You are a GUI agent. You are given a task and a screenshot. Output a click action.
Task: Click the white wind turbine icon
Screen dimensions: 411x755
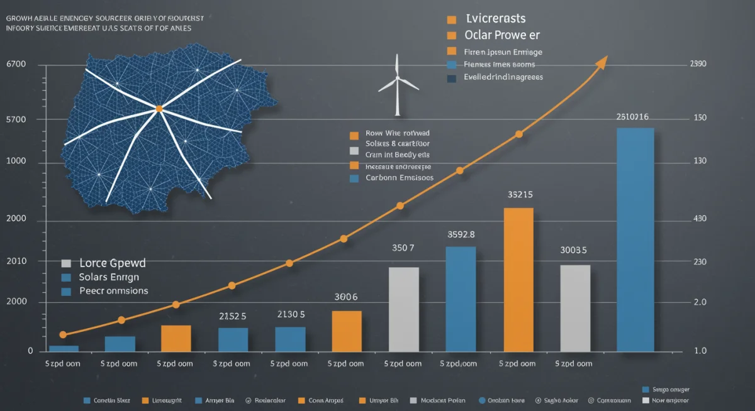(x=397, y=85)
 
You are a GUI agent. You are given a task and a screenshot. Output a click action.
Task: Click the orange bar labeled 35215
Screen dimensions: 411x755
(x=518, y=279)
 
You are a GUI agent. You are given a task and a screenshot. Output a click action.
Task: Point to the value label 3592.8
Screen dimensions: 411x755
(x=461, y=234)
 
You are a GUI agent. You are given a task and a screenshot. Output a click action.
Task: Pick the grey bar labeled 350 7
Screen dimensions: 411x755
(x=403, y=309)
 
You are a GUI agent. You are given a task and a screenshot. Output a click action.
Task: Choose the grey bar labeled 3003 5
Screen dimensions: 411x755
(x=575, y=308)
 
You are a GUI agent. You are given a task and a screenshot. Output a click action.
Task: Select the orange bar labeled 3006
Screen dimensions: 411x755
(x=347, y=331)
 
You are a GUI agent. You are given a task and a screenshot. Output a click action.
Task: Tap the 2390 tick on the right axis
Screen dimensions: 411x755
(x=698, y=64)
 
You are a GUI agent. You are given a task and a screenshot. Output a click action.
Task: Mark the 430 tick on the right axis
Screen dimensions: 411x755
(x=700, y=219)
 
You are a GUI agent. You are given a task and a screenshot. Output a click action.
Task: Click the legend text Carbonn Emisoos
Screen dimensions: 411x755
(x=400, y=178)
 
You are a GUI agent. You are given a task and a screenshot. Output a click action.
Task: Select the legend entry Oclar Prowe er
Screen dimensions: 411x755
(x=502, y=35)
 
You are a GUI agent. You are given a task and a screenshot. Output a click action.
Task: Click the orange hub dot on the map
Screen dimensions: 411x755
(x=159, y=109)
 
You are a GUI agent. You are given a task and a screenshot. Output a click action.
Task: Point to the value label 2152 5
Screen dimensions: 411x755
(x=232, y=315)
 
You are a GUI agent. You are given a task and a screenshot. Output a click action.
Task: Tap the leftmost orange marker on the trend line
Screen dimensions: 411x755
(x=63, y=335)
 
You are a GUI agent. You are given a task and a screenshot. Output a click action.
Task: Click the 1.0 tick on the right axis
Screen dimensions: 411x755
(x=700, y=351)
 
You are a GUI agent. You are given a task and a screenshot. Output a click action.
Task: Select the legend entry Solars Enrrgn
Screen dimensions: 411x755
(x=109, y=277)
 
